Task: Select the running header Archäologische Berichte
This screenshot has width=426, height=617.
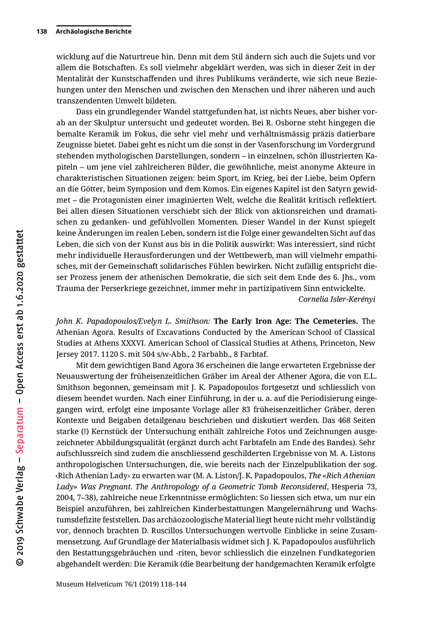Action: pyautogui.click(x=93, y=32)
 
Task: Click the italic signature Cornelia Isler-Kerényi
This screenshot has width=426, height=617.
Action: pyautogui.click(x=337, y=299)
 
